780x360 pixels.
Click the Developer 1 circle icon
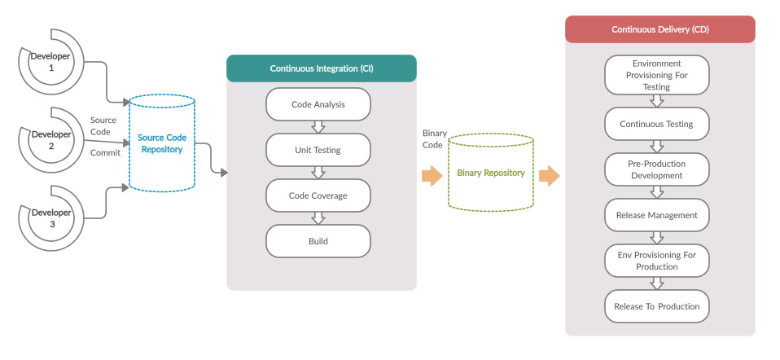[x=50, y=62]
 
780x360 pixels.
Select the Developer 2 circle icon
[x=50, y=140]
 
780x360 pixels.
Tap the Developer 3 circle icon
[x=50, y=218]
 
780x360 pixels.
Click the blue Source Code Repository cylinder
[x=162, y=143]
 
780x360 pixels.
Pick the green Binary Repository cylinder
[x=490, y=173]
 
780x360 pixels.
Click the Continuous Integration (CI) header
[x=321, y=68]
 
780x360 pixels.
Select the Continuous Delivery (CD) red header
[x=659, y=29]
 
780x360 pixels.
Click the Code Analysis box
[x=318, y=104]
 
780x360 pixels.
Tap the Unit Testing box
[x=318, y=150]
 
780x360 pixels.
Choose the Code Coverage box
[x=318, y=195]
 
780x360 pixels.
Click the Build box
[x=318, y=241]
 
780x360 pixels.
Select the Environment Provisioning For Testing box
[x=656, y=75]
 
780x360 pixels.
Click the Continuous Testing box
[x=656, y=124]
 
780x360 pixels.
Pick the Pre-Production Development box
[x=656, y=169]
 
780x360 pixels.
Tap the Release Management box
[x=656, y=215]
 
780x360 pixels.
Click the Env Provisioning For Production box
[x=656, y=261]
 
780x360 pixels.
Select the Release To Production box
[x=656, y=306]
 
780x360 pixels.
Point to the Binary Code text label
[x=433, y=138]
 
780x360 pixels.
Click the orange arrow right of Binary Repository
[x=550, y=175]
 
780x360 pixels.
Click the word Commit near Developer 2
[x=105, y=152]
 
